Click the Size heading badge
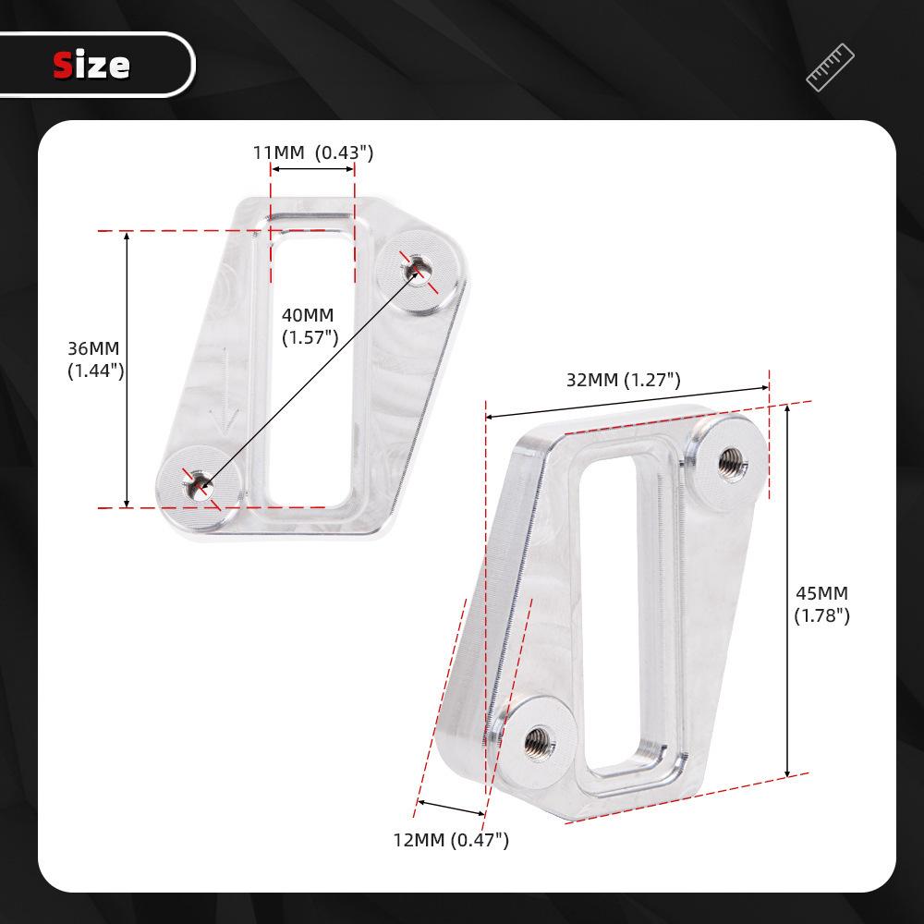click(x=92, y=65)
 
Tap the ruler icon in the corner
click(x=830, y=67)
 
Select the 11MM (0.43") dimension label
click(x=313, y=152)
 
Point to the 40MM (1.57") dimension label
click(x=308, y=326)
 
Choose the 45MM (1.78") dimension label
click(x=821, y=604)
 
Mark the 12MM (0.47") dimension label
click(x=451, y=840)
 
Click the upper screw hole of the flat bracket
click(x=416, y=270)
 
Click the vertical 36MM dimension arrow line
click(x=128, y=370)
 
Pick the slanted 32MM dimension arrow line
click(x=628, y=403)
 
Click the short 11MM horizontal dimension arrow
click(x=312, y=169)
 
